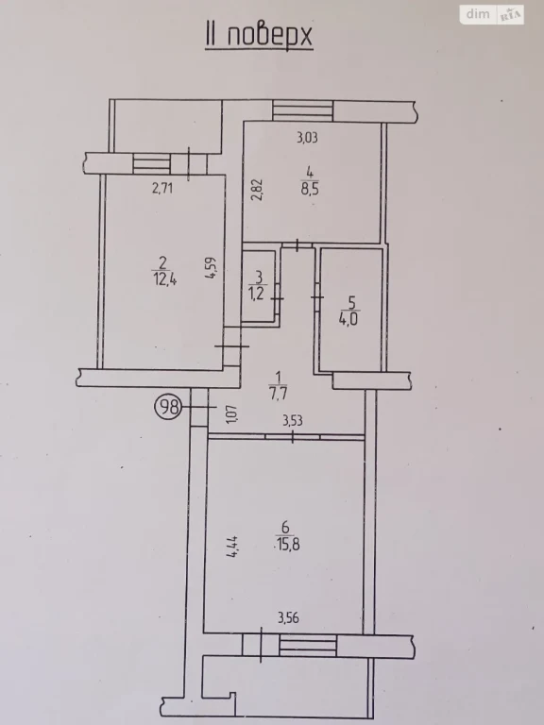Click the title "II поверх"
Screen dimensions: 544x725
[x=259, y=36]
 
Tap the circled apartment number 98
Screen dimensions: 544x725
[x=168, y=407]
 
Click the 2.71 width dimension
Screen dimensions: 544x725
[x=162, y=189]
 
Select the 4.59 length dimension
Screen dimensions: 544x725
[x=211, y=268]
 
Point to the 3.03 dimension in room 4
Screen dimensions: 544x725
[x=307, y=138]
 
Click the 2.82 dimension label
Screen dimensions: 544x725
[x=258, y=189]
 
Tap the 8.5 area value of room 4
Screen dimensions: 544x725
[x=311, y=190]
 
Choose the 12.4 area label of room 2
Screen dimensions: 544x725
[x=161, y=279]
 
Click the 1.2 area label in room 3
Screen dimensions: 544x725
[x=257, y=294]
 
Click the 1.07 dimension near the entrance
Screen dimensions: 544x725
[x=232, y=413]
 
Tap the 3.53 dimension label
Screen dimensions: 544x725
[x=293, y=421]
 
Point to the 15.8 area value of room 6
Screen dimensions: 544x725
[x=287, y=544]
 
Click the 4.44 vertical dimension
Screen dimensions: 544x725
[x=231, y=546]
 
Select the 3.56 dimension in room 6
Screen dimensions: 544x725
[x=289, y=617]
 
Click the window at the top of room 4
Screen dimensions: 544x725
[x=302, y=111]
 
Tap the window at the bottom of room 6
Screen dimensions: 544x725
[x=308, y=645]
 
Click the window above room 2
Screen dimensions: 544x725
[x=152, y=163]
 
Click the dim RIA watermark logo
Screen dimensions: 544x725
[x=492, y=14]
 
